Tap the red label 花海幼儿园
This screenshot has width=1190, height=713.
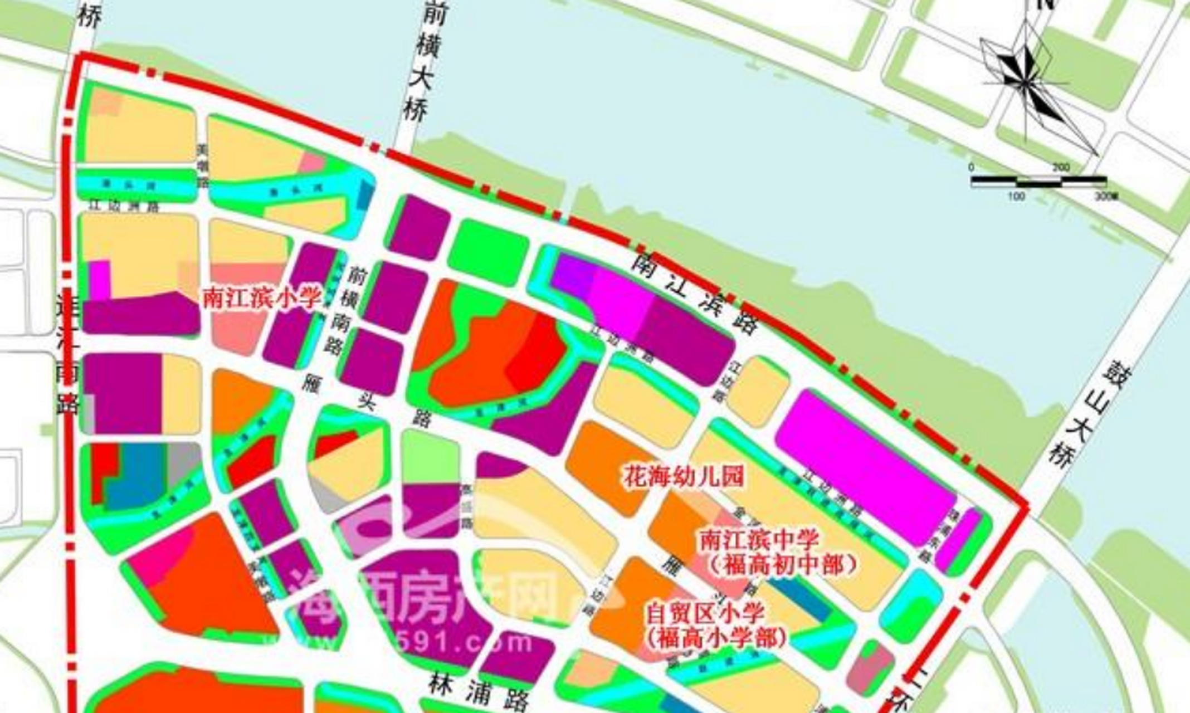coord(683,477)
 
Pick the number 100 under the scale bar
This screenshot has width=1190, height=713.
coord(1016,196)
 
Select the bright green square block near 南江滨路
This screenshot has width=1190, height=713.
coord(488,251)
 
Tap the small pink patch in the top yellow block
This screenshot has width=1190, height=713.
coord(313,162)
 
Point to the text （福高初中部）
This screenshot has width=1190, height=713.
coord(783,565)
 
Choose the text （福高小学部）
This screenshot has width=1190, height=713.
coord(716,638)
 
